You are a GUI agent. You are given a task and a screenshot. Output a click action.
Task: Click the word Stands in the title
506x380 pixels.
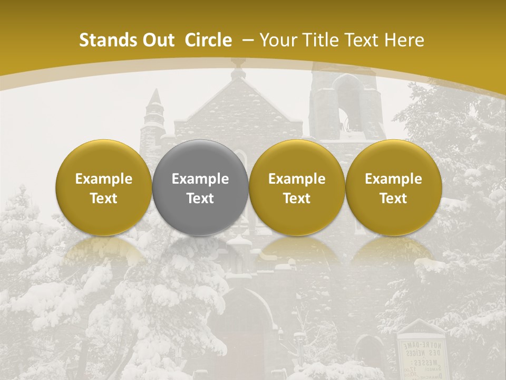(x=106, y=40)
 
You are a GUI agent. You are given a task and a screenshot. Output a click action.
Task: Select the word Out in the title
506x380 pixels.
(x=157, y=40)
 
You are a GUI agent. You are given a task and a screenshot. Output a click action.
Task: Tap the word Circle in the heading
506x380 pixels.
(x=208, y=40)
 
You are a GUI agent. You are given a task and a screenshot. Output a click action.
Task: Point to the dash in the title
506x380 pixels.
(x=247, y=40)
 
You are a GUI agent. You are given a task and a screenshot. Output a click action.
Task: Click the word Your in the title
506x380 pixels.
(x=277, y=40)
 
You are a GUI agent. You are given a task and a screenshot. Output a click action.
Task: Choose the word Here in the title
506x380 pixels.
(x=404, y=40)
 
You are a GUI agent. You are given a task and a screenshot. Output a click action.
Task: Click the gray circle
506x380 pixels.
(x=200, y=187)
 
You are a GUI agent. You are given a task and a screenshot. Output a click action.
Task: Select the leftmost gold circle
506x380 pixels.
(x=103, y=187)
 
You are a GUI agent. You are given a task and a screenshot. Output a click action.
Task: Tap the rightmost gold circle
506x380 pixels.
(x=393, y=187)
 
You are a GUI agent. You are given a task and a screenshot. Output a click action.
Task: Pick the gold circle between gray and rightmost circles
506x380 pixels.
(x=297, y=187)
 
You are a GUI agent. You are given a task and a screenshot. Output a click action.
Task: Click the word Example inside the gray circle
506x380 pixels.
(x=200, y=179)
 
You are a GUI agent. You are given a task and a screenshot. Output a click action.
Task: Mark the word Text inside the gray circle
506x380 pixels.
(x=200, y=198)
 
